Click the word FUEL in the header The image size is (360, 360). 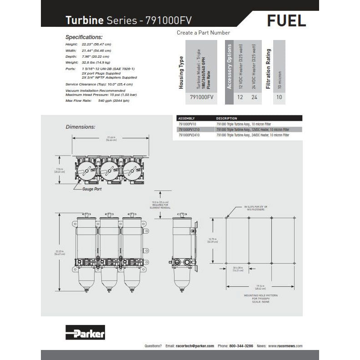click(x=286, y=20)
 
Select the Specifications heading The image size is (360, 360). click(x=84, y=37)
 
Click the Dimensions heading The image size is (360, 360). click(x=80, y=127)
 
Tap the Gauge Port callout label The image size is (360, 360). click(x=92, y=189)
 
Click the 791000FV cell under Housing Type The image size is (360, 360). click(x=201, y=97)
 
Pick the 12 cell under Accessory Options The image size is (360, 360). click(x=240, y=97)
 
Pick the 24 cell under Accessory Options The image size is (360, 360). click(x=255, y=97)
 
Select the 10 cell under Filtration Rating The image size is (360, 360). click(x=279, y=97)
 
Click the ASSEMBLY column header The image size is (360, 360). click(x=186, y=118)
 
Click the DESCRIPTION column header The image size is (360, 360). click(x=226, y=118)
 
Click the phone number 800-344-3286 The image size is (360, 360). click(x=241, y=346)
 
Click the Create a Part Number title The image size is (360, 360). click(x=203, y=33)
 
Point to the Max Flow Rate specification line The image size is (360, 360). click(x=97, y=100)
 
